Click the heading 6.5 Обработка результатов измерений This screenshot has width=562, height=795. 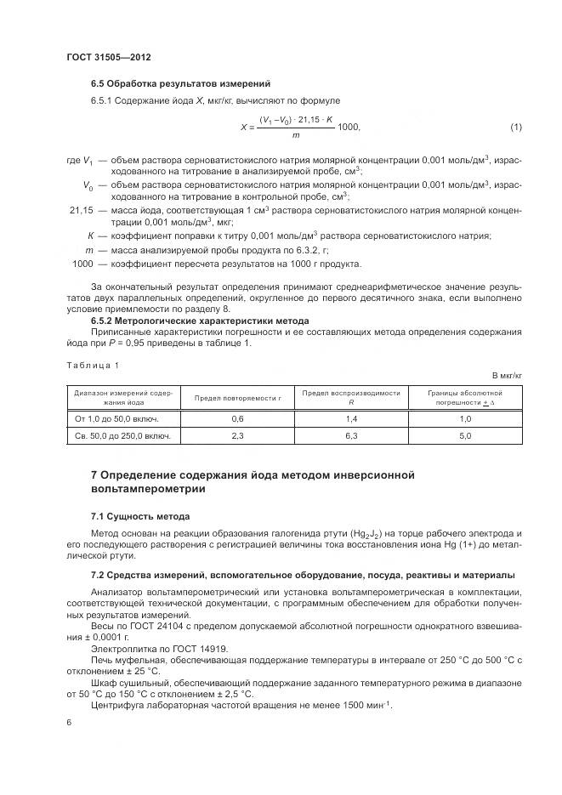coord(180,84)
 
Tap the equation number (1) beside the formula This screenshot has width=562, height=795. coord(515,128)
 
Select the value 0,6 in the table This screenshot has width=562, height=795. coord(237,419)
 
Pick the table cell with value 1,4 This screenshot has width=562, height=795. coord(350,419)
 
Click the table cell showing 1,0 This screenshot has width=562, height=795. coord(464,419)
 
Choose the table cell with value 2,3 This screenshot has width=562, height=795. coord(237,436)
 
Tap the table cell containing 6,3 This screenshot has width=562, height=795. coord(350,436)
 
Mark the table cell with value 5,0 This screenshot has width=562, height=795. coord(464,436)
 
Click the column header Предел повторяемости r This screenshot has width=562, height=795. coord(237,398)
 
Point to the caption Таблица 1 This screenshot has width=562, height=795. coord(93,365)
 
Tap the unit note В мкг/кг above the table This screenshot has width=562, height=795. coord(507,375)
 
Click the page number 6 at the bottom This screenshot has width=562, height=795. coord(68,722)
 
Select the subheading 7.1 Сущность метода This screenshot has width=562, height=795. coord(140,516)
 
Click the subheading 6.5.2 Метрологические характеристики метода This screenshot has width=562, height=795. coord(200,321)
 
